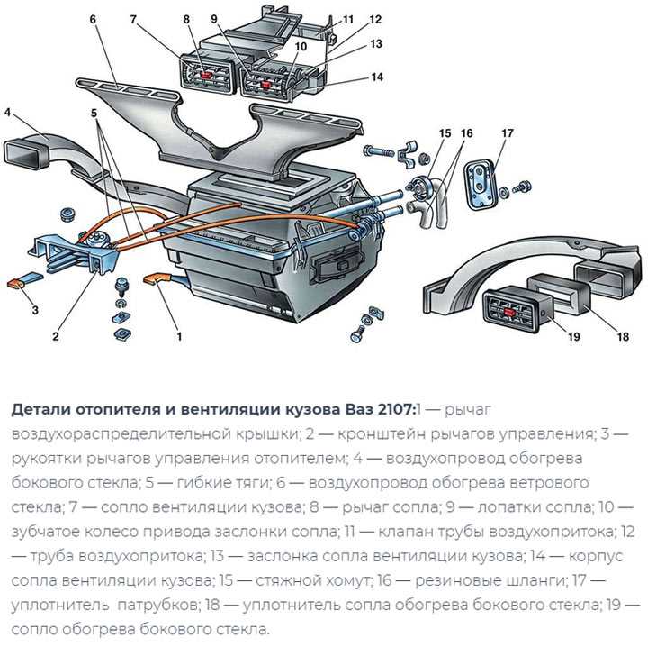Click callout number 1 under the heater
pyautogui.click(x=179, y=337)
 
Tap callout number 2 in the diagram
pyautogui.click(x=55, y=337)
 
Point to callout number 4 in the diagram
pyautogui.click(x=7, y=113)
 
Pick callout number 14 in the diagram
pyautogui.click(x=377, y=77)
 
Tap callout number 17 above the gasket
pyautogui.click(x=507, y=133)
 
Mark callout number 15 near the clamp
pyautogui.click(x=444, y=133)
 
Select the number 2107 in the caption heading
pyautogui.click(x=389, y=408)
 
